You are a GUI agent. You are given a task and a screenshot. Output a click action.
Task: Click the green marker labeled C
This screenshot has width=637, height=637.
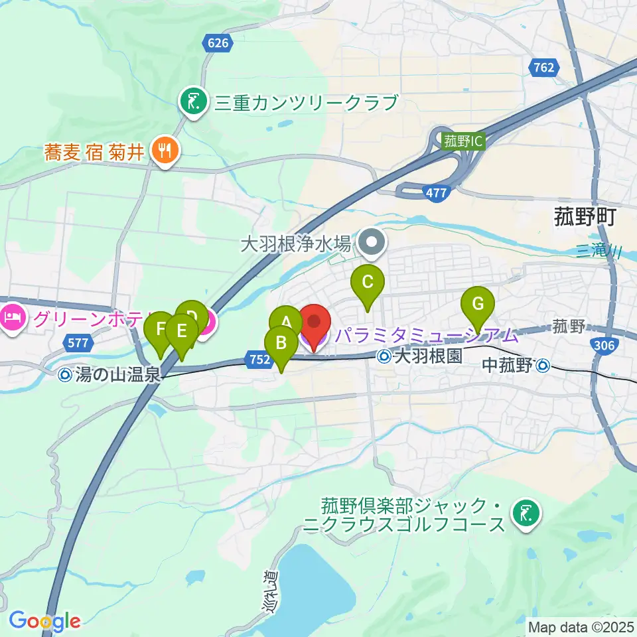point(368,282)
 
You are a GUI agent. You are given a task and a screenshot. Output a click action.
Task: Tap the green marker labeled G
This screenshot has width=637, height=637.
point(477,303)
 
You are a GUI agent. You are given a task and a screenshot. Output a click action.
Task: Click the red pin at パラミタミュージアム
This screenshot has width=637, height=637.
point(315,323)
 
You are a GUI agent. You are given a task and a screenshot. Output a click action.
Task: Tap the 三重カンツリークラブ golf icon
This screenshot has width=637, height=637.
point(193,102)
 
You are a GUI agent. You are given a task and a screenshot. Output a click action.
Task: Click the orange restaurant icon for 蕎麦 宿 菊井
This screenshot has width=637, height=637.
point(163,150)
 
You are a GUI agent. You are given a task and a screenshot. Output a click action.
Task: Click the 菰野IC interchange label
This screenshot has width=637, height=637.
point(464,141)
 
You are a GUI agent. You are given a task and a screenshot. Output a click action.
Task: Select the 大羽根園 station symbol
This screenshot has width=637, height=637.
point(385,357)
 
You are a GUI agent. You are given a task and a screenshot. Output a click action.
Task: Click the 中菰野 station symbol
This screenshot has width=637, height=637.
point(543,364)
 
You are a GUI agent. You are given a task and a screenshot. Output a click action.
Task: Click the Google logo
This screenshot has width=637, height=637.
point(44,621)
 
